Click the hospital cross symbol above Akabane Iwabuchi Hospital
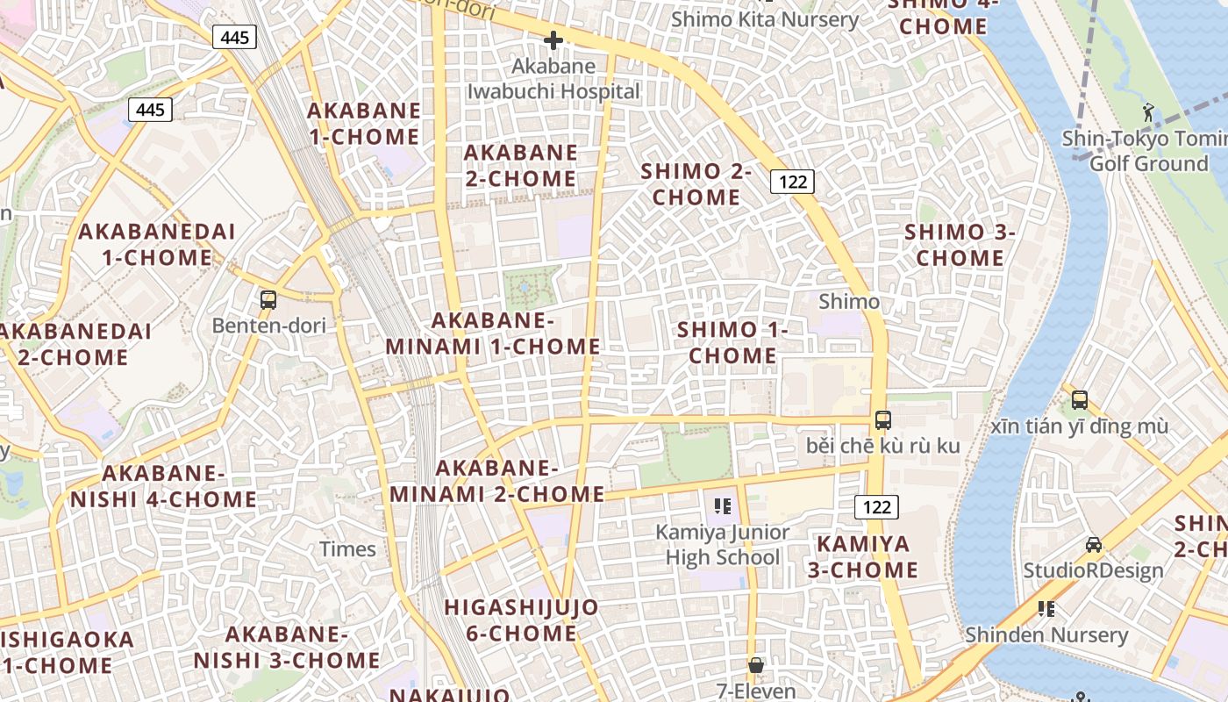(553, 40)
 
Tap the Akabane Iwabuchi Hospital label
(553, 79)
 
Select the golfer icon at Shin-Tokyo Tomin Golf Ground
(1148, 111)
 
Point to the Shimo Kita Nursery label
(765, 19)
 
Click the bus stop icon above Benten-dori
(268, 300)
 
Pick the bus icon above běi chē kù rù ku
(883, 419)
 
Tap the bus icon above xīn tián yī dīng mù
(1080, 400)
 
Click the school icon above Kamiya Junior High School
(723, 505)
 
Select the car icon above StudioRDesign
(1094, 545)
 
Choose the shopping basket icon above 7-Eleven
(756, 666)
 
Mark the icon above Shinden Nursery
(1046, 608)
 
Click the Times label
(347, 549)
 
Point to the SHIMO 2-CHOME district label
(696, 184)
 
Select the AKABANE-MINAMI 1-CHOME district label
(493, 333)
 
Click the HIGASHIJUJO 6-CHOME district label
(521, 620)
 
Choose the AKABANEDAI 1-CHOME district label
(157, 245)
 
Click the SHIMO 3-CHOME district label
(960, 245)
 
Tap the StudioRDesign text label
(1094, 570)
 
